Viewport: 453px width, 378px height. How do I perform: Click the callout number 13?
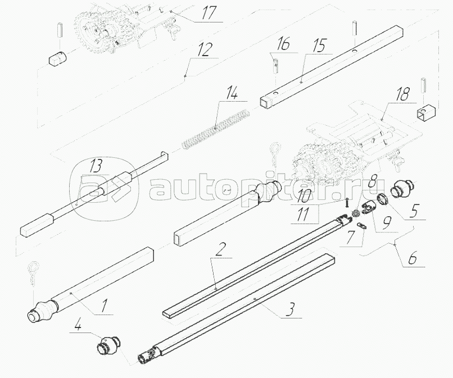tap(96, 166)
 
